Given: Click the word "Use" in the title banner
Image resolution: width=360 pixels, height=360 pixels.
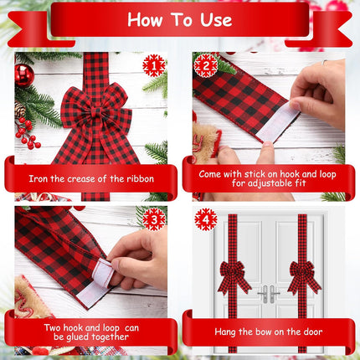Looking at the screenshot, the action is click(x=216, y=20).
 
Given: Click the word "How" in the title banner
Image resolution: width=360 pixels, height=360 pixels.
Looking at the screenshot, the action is click(x=145, y=20).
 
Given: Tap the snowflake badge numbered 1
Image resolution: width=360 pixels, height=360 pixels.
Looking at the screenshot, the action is click(x=154, y=66).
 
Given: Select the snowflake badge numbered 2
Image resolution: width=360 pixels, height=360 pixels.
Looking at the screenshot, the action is click(x=206, y=66).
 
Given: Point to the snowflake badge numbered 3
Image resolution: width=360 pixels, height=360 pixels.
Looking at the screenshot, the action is click(x=154, y=219).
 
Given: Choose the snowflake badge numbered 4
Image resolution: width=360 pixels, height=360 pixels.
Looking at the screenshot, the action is click(x=206, y=219).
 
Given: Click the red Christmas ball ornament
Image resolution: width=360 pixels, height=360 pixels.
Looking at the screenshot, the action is click(x=24, y=75).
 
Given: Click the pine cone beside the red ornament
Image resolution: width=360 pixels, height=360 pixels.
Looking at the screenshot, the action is click(x=19, y=109).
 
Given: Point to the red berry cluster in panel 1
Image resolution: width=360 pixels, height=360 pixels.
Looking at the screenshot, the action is click(x=28, y=133).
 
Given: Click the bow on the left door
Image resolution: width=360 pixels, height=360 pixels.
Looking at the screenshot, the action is click(x=232, y=277).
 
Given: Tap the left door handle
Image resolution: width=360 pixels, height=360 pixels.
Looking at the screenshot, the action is click(x=264, y=294).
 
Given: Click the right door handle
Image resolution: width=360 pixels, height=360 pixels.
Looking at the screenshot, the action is click(x=274, y=294).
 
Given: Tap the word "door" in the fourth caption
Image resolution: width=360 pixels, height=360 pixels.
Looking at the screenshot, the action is click(x=312, y=332).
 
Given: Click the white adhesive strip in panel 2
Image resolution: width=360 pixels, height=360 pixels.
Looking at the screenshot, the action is click(x=277, y=123).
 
